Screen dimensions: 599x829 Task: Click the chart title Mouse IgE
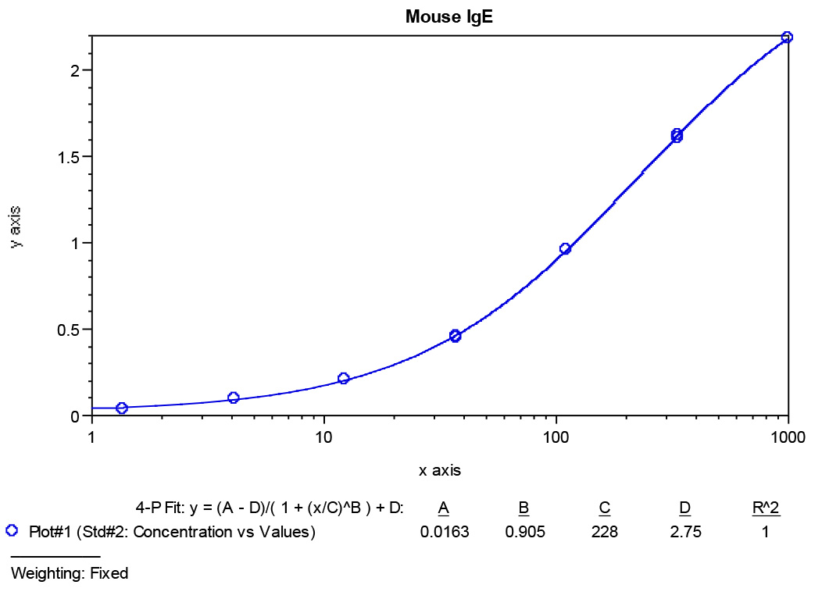point(449,16)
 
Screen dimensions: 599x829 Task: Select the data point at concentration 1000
point(787,37)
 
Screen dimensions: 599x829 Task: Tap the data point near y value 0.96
point(565,249)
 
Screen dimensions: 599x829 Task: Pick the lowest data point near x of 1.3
point(122,408)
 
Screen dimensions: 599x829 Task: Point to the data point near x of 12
point(343,379)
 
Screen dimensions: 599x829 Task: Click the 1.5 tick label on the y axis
point(69,157)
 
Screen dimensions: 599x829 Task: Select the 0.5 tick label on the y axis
point(69,330)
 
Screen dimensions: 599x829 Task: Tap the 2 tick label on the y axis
point(76,70)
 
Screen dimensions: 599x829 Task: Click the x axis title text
point(440,471)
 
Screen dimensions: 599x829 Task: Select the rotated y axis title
point(16,226)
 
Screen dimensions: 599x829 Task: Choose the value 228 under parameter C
point(604,533)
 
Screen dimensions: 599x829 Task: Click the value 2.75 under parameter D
point(684,533)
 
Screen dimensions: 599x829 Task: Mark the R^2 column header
point(766,508)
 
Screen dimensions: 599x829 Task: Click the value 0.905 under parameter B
point(523,533)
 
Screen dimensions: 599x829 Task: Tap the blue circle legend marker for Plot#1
point(12,531)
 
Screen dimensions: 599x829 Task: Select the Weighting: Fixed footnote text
point(70,573)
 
